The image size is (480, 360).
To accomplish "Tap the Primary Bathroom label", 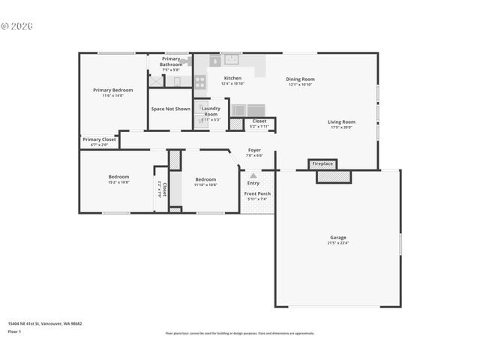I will tap(170, 61).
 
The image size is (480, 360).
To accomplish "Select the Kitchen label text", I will tap(232, 78).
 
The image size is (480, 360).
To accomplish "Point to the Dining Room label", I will tap(300, 79).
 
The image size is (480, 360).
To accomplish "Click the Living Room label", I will tap(341, 121).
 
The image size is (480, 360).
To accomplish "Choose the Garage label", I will tap(337, 238).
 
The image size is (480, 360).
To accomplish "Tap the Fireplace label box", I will tap(322, 163).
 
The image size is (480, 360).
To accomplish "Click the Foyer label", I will tap(254, 150).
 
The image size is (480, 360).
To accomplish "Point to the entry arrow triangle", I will tap(253, 175).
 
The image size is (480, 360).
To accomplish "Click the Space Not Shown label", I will tap(170, 109).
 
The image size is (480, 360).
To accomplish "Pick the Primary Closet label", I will tap(99, 139).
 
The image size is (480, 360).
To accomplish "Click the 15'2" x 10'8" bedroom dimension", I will tap(118, 182).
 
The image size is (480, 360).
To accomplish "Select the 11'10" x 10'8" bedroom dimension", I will tap(205, 184).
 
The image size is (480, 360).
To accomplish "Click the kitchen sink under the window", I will tap(229, 61).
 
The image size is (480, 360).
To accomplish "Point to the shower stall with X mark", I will tap(156, 82).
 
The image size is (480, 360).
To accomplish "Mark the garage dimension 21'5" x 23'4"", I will tap(337, 243).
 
